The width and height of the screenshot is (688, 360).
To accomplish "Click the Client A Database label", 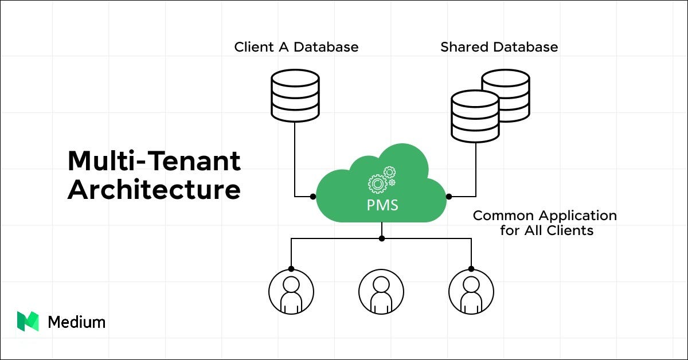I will point(296,47).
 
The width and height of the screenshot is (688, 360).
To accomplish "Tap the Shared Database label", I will point(499,47).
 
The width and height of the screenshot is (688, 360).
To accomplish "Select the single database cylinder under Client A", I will point(295,95).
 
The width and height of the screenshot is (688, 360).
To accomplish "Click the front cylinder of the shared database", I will point(475,118).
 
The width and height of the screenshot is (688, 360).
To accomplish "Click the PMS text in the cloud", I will point(382,205).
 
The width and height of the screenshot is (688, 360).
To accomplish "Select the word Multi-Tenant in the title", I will point(154,161).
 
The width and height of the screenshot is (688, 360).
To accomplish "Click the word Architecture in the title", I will point(154,190).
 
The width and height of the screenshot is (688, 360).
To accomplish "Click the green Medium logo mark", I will point(28,322).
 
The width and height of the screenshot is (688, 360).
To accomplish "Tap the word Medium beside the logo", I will point(76,322).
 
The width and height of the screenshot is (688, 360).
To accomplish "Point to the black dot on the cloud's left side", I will point(313,196).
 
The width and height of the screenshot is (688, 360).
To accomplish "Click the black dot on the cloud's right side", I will point(449,196).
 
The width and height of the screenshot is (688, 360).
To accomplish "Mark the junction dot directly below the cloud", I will point(381,238).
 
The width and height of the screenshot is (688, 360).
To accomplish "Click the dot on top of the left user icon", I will point(291,268).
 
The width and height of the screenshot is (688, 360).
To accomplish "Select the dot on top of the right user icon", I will point(471,268).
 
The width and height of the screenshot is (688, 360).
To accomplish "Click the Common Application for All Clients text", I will point(544,223).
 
